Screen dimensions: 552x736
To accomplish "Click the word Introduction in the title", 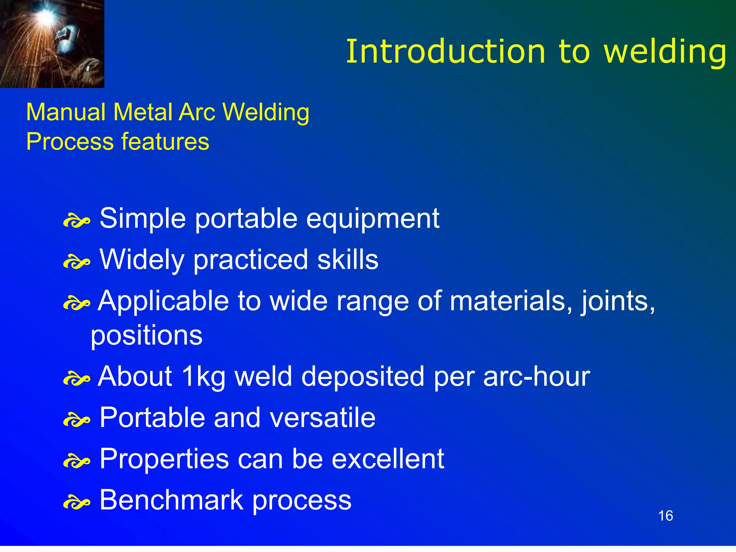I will pos(445,52).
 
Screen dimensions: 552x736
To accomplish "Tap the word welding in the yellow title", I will pos(665,52).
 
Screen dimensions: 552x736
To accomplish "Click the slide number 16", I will pos(665,516).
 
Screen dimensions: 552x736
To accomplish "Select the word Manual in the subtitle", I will pos(66,112).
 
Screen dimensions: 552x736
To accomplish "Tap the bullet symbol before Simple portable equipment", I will pos(76,221).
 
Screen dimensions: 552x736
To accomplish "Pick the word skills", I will pos(348,259).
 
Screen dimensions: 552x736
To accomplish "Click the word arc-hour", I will pos(536,377).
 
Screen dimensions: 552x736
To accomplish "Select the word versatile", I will pos(322,418).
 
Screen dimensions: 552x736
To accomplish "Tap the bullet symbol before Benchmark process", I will pos(76,502).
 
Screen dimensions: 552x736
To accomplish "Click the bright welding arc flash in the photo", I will pos(46,16).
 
